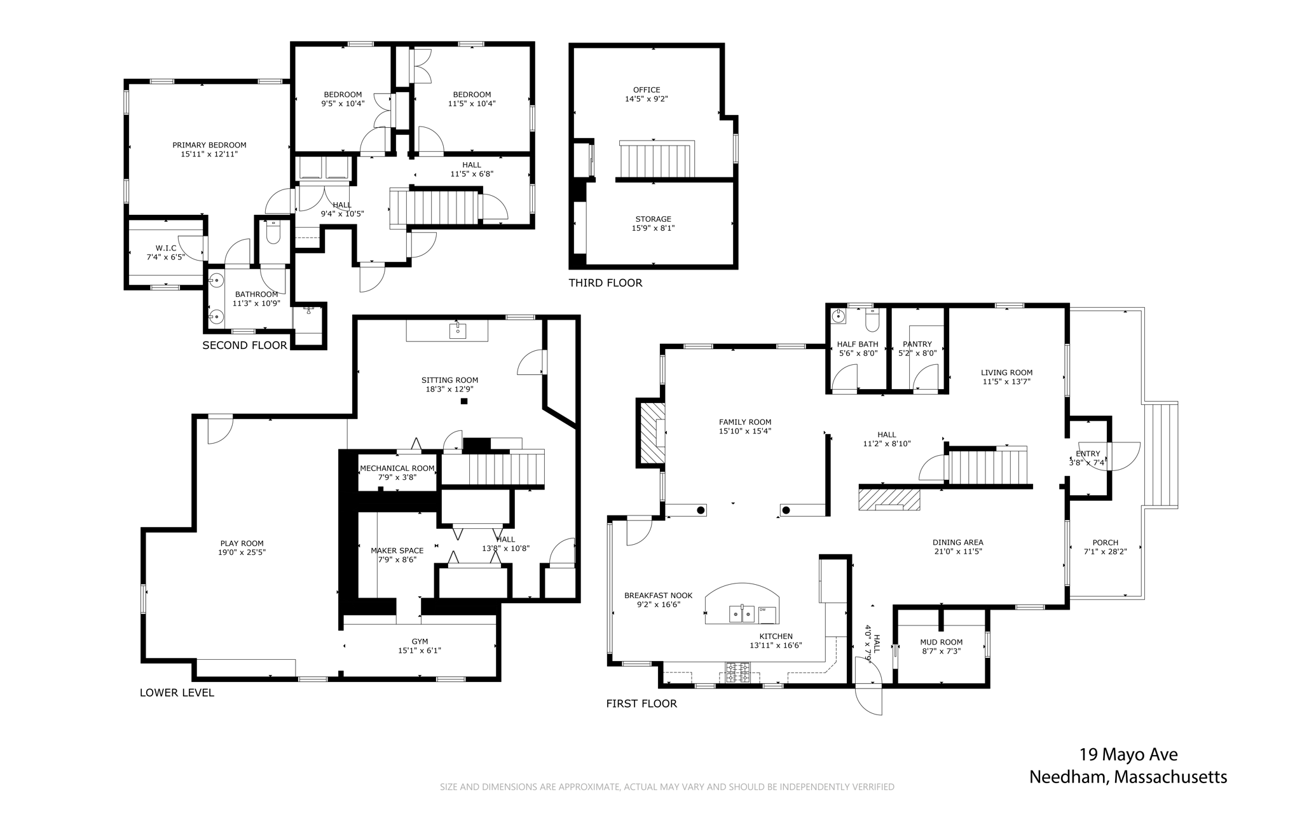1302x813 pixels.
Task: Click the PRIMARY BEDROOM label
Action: click(x=209, y=145)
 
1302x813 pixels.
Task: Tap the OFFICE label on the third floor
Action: click(x=647, y=90)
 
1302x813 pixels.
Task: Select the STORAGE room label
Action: click(x=654, y=219)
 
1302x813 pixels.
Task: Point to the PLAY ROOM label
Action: click(x=242, y=543)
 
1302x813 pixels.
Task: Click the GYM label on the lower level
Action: click(x=420, y=641)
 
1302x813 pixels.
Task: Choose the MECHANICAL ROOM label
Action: click(x=397, y=468)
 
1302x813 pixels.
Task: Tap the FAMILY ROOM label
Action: click(x=745, y=422)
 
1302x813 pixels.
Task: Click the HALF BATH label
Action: click(x=858, y=345)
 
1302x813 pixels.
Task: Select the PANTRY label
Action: click(x=917, y=345)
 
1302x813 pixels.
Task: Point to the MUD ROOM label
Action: click(x=942, y=642)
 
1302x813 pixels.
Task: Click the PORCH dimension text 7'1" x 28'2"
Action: click(x=1106, y=552)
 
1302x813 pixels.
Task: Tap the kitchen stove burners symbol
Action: click(x=738, y=673)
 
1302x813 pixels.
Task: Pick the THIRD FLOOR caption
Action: click(x=605, y=283)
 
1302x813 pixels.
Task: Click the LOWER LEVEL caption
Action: click(x=177, y=693)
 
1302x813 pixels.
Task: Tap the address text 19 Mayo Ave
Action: click(x=1128, y=755)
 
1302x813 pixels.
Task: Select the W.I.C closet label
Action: click(x=166, y=248)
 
